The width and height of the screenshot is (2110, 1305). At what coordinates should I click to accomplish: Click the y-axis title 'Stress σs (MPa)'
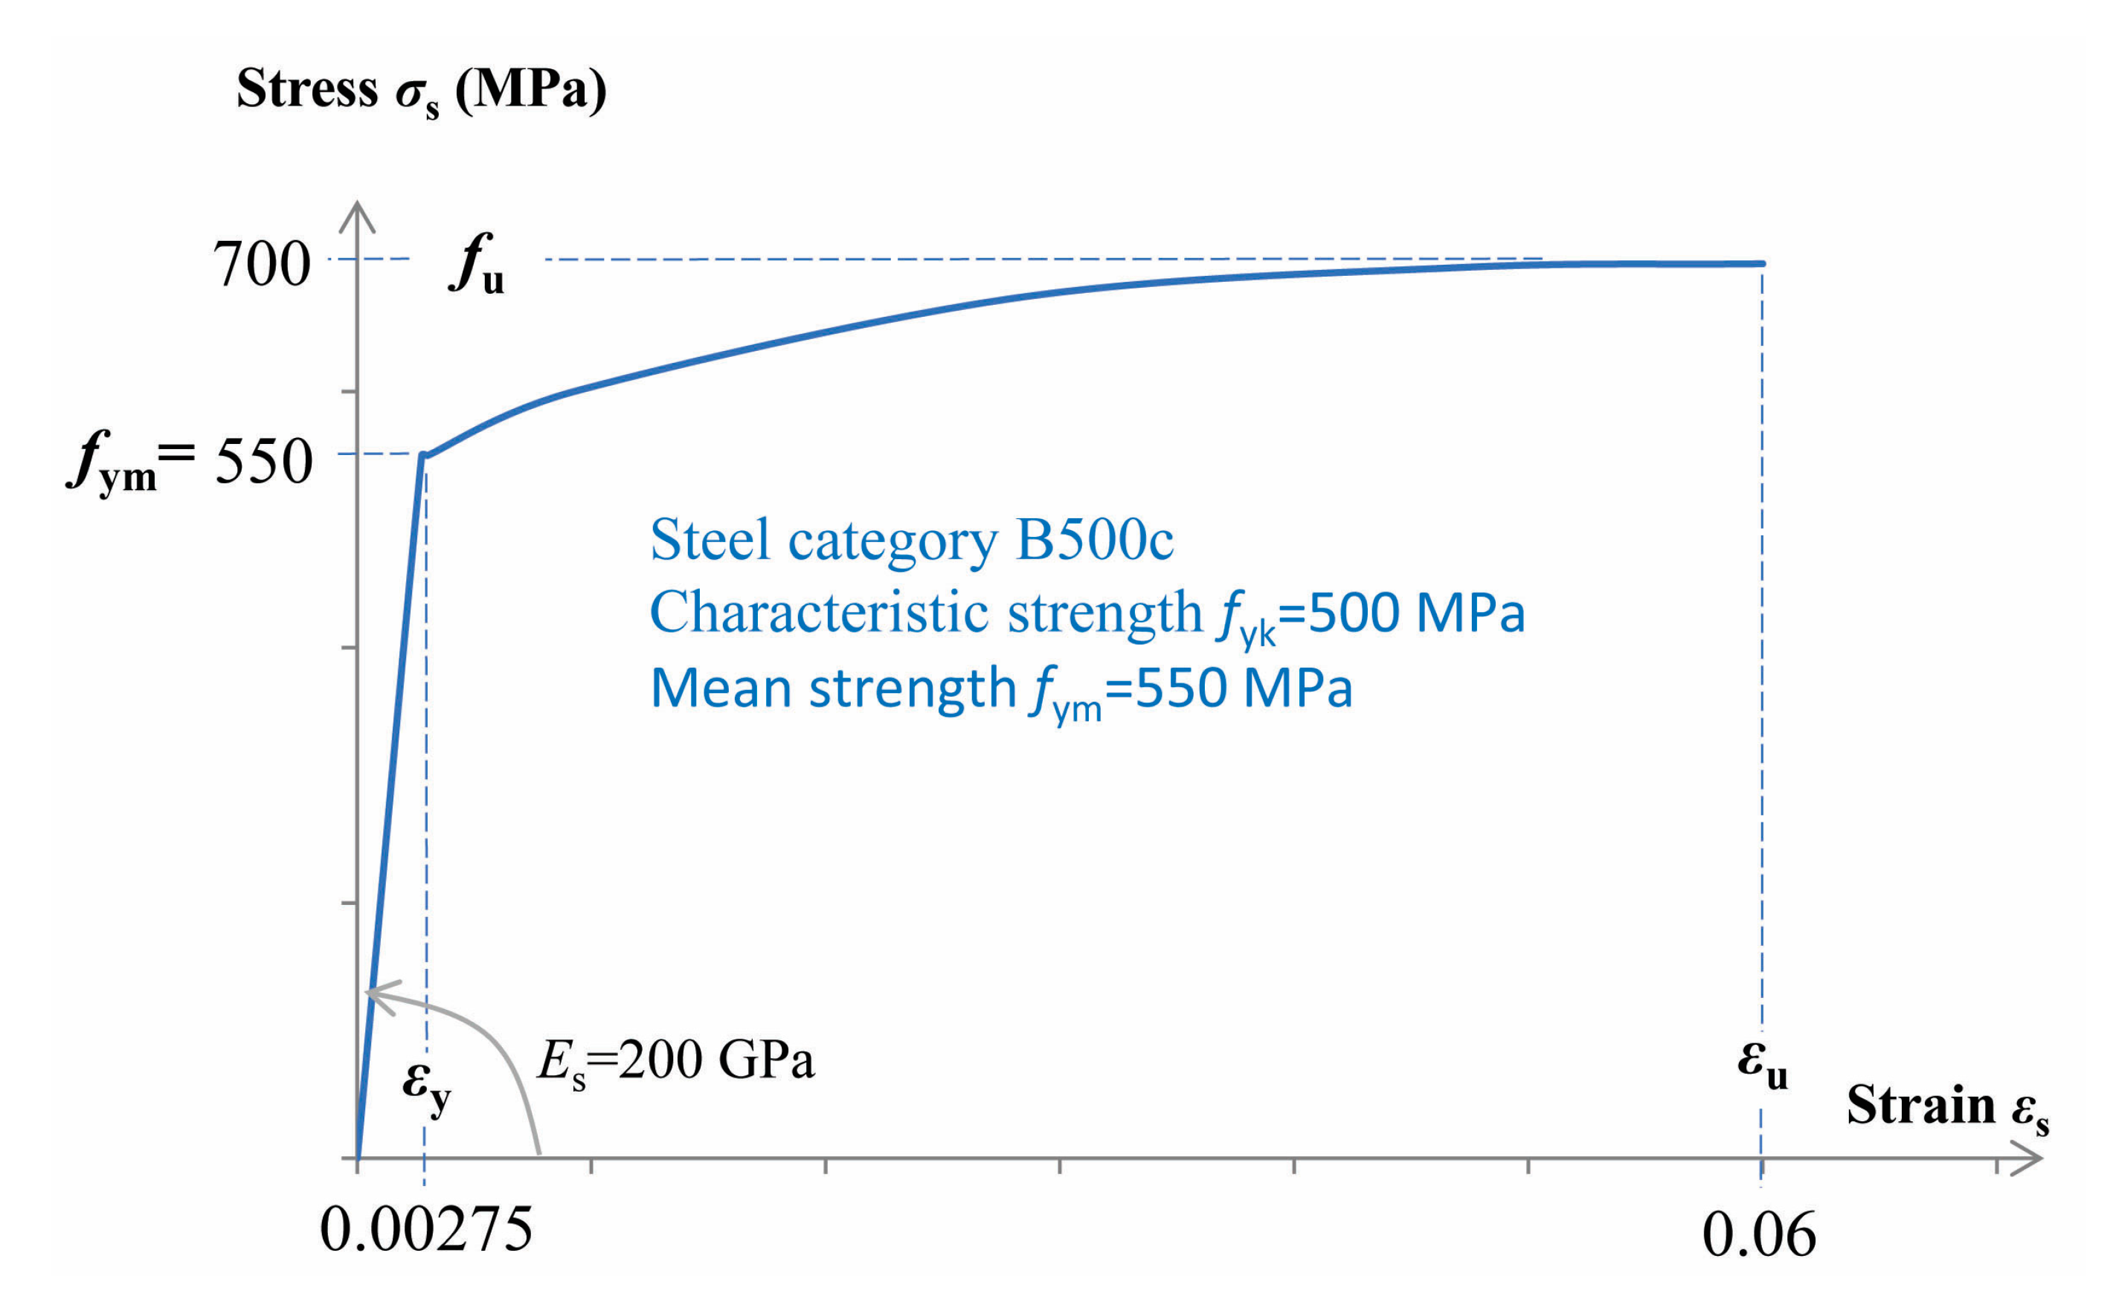[420, 91]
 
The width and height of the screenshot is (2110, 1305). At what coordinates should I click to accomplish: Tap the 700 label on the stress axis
[261, 264]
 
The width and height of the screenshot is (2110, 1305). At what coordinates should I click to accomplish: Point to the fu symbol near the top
[477, 266]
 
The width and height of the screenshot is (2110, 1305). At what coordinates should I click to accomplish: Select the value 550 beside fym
[263, 462]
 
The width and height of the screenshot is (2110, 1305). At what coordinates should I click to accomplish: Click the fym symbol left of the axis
[112, 463]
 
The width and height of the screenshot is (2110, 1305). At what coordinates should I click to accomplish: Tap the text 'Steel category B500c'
[911, 541]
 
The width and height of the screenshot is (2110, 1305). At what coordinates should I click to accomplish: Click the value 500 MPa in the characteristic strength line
[1416, 613]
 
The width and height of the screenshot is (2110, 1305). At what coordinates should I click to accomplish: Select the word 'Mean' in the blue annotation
[721, 689]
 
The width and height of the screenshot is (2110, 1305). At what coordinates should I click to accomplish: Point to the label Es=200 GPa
[675, 1060]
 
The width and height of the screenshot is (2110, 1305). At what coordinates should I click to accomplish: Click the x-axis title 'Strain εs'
[1947, 1107]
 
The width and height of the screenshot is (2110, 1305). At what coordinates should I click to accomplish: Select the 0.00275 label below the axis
[425, 1229]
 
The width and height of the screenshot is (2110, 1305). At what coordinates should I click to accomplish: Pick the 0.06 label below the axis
[1759, 1235]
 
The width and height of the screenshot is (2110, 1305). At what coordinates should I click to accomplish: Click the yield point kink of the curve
[424, 455]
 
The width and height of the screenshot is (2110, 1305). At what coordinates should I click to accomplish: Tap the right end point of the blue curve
[1761, 263]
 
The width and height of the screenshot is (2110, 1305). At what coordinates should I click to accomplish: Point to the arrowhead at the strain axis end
[2028, 1159]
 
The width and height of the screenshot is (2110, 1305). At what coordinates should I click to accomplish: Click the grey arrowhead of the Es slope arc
[376, 994]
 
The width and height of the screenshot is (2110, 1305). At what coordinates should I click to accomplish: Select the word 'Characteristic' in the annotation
[818, 613]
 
